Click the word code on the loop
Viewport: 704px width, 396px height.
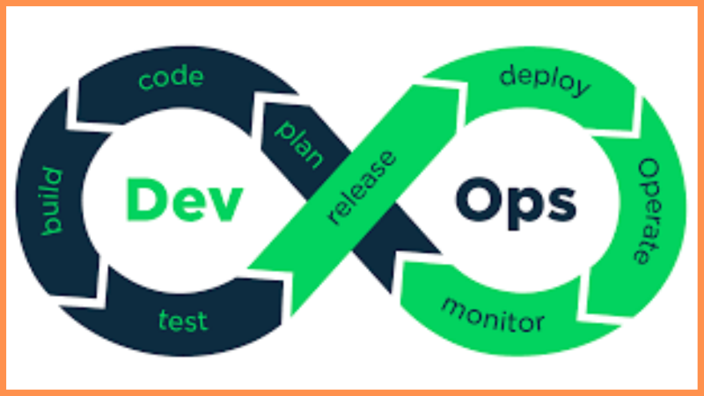171,78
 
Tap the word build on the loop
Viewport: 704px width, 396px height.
52,201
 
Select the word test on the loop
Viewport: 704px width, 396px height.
183,321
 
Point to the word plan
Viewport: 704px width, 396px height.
299,144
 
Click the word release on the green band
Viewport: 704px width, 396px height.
362,187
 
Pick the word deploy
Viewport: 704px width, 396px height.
545,81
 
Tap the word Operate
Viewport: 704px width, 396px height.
649,210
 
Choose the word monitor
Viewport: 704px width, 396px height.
493,315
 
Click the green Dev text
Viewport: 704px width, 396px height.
185,201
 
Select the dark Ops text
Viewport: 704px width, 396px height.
516,204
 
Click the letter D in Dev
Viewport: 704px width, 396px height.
144,200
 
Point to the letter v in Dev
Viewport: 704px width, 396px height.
224,206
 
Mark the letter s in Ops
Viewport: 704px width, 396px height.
561,206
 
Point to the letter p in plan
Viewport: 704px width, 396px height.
284,130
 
